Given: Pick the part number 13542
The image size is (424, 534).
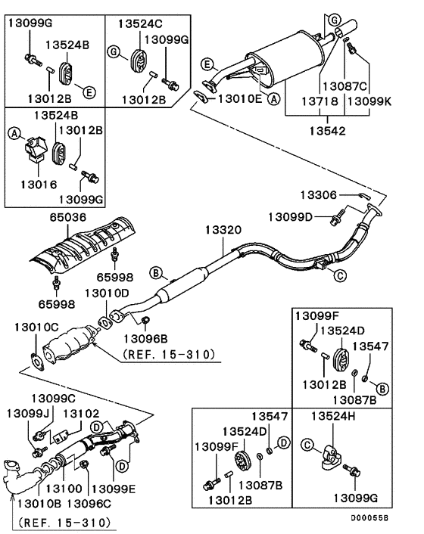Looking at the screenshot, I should pyautogui.click(x=327, y=130).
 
